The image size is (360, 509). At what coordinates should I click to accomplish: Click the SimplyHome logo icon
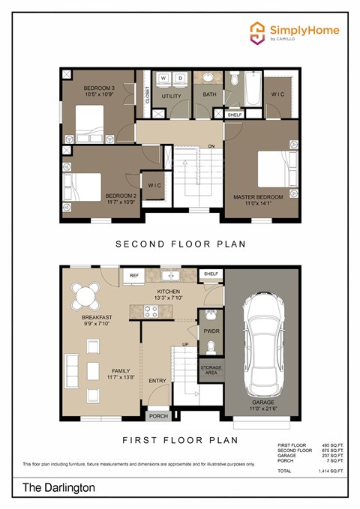coord(258,31)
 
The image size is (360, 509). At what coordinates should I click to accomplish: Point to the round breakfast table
coord(87,298)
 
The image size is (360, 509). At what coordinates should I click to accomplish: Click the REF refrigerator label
coord(134,276)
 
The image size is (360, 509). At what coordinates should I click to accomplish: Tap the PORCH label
coord(158,416)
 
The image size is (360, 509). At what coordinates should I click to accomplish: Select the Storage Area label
coord(211,371)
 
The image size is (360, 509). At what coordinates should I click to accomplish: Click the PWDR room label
coord(211,331)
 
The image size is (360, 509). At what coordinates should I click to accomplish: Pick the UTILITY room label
coord(171,97)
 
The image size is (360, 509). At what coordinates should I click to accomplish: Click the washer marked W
coord(165,78)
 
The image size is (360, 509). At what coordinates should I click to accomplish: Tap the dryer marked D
coord(181,78)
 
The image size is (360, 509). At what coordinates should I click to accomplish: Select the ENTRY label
coord(157,381)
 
